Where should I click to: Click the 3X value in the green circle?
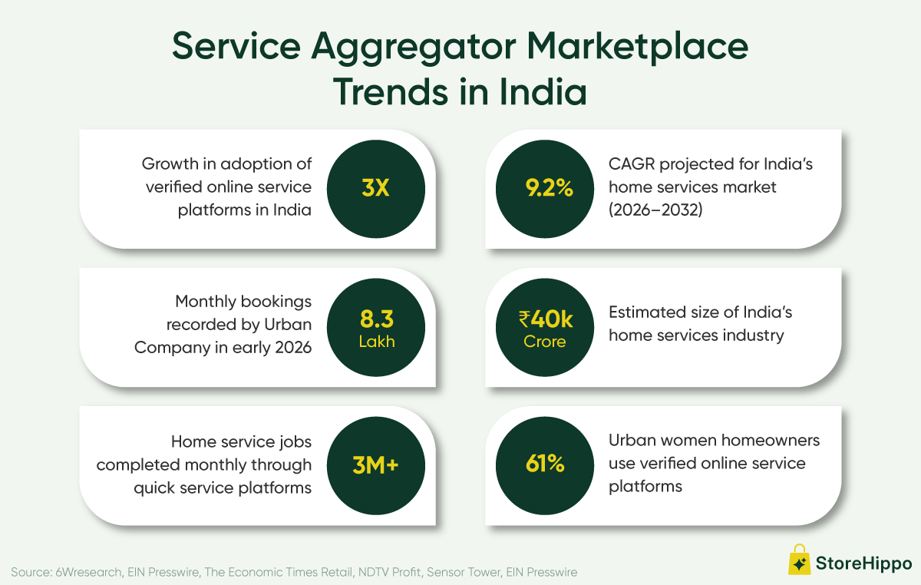click(x=375, y=188)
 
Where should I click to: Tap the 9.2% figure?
click(x=549, y=188)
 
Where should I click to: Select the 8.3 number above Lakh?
click(x=377, y=319)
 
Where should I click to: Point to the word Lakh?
click(x=377, y=342)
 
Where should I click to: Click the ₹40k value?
click(x=546, y=319)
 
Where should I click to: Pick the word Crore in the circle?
click(x=545, y=342)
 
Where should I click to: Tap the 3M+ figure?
click(x=375, y=465)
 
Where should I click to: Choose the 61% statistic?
click(x=545, y=464)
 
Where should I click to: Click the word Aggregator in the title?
click(x=413, y=48)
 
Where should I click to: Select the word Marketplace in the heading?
click(x=637, y=48)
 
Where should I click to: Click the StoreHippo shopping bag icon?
click(x=799, y=560)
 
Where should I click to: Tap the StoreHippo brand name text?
click(x=863, y=564)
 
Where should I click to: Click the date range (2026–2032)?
click(x=655, y=210)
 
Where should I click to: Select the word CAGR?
click(x=632, y=164)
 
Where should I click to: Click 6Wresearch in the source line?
click(x=89, y=572)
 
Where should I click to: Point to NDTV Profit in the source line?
click(x=389, y=572)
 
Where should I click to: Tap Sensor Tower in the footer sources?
click(x=464, y=572)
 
